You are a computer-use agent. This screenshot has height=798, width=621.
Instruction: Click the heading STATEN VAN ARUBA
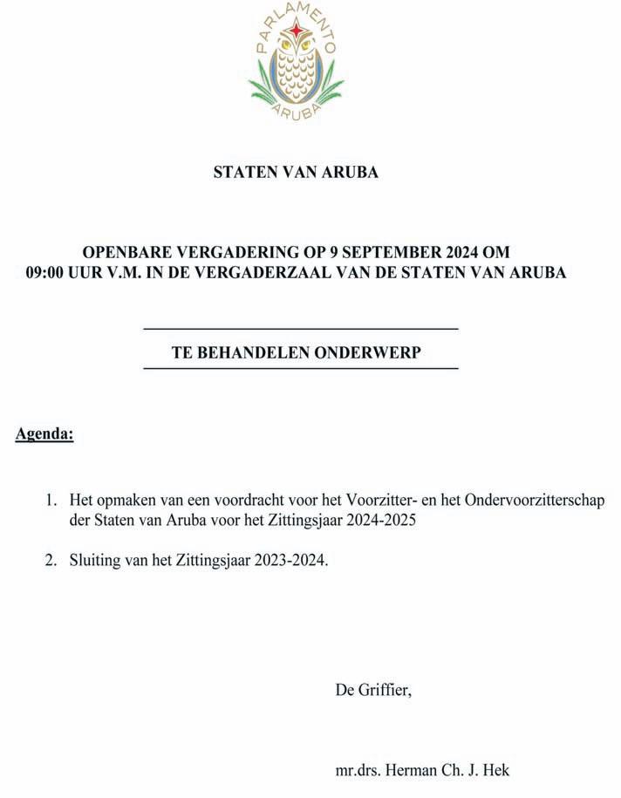point(296,173)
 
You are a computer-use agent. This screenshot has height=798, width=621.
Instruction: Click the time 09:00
point(48,273)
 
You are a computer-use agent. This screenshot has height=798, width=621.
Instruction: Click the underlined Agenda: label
point(44,433)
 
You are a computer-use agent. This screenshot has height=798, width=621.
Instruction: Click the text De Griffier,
point(373,690)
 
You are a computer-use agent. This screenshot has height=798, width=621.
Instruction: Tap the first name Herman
point(413,770)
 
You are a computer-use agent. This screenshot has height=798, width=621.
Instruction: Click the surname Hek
point(496,770)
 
